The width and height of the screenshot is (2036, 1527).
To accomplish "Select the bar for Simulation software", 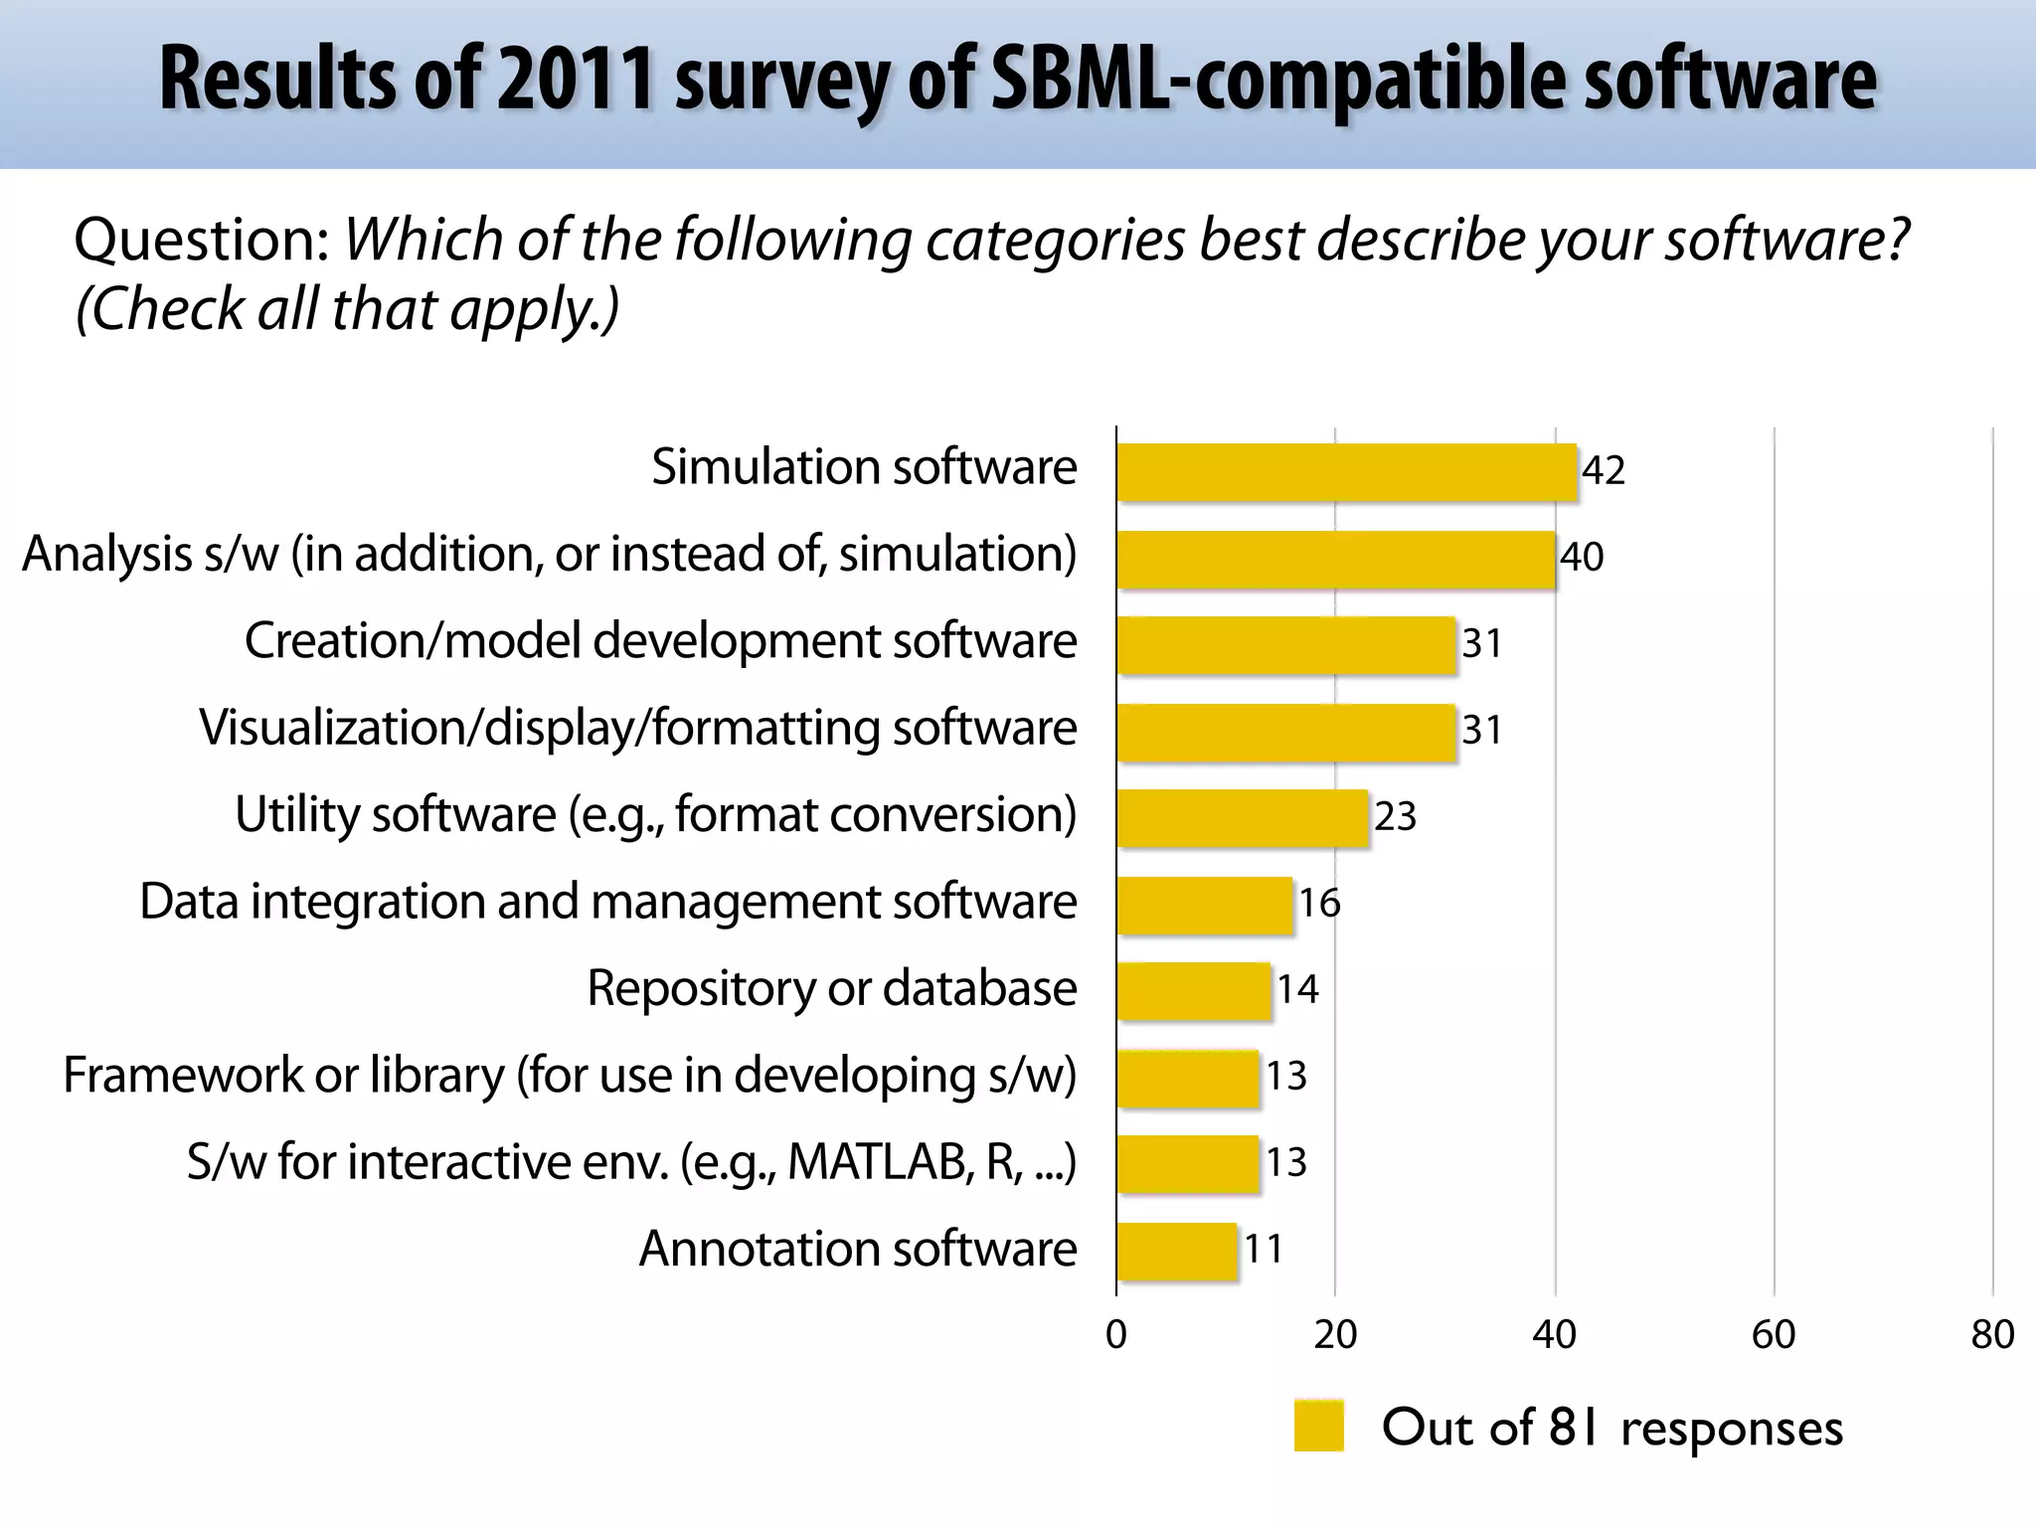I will [1346, 472].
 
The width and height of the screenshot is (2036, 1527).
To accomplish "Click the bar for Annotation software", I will [1176, 1252].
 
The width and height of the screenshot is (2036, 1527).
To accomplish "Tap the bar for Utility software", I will [1242, 818].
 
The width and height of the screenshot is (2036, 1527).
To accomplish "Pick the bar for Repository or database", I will [1193, 991].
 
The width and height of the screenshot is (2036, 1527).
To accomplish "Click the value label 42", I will [1603, 470].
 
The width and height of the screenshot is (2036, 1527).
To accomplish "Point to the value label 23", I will [1395, 816].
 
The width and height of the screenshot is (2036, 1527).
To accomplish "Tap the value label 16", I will [1319, 903].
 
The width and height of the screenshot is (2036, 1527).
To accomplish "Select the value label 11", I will [1264, 1249].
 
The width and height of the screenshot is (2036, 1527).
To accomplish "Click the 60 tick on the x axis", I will [1774, 1334].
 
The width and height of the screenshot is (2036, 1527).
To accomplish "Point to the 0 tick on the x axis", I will [1116, 1334].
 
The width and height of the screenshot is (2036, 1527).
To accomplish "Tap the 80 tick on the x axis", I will [1992, 1334].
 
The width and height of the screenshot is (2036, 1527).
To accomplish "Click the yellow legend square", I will [1318, 1426].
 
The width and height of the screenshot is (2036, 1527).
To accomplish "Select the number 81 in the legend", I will [1575, 1427].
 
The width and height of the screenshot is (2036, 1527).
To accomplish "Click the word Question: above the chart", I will [203, 240].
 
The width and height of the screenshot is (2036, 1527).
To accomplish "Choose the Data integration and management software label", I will [607, 902].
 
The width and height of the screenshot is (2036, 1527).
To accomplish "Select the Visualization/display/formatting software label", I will [637, 728].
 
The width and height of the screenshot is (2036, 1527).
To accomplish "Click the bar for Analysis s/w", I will [1335, 559].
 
